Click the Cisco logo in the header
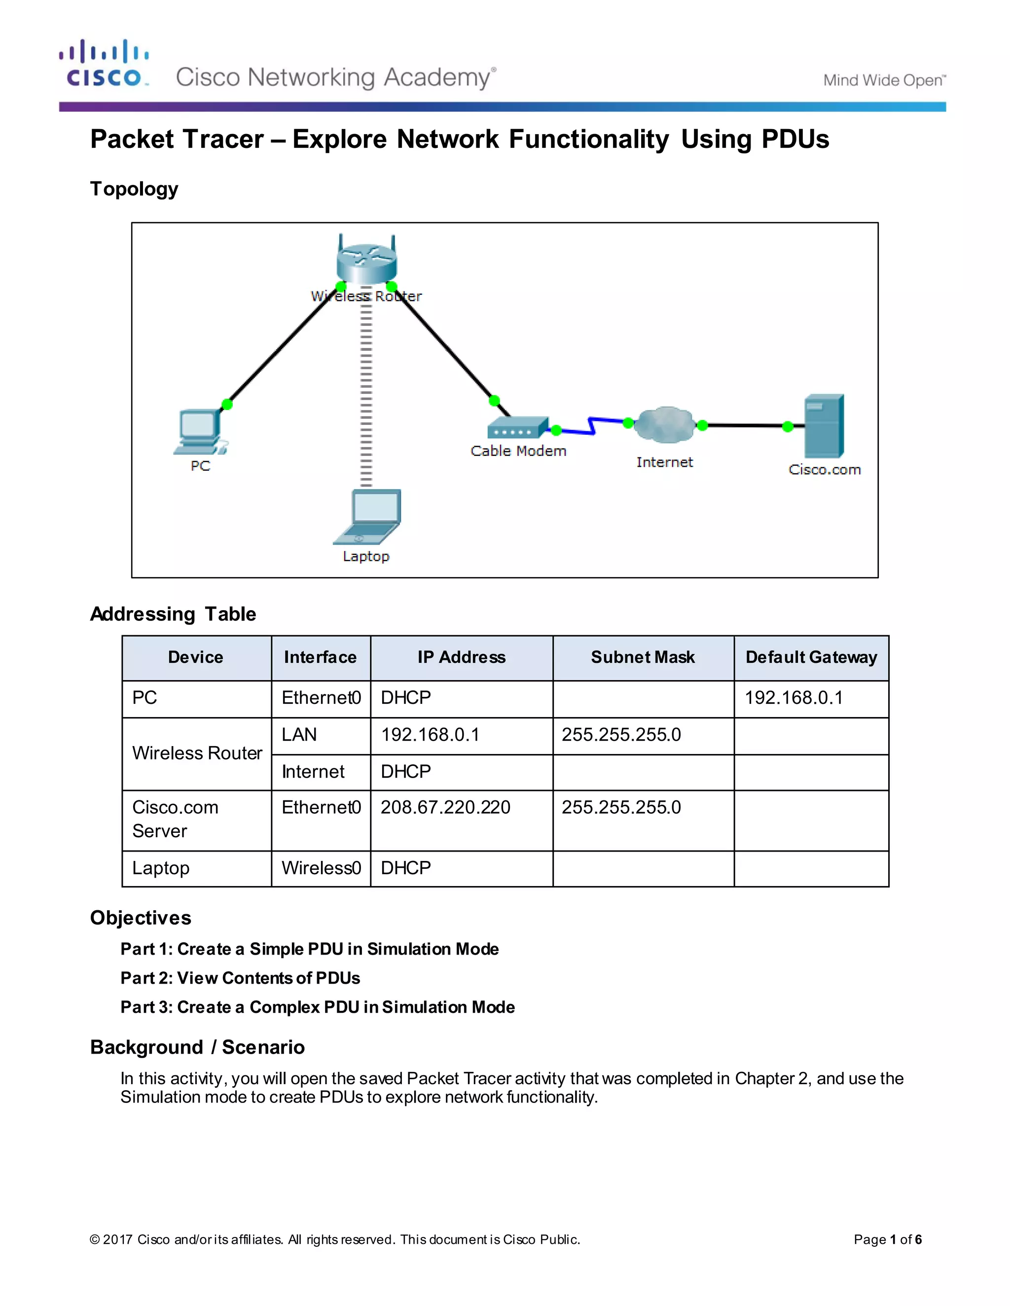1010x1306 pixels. click(x=104, y=64)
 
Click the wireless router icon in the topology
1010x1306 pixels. click(x=367, y=261)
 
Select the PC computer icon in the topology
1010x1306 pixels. click(x=200, y=432)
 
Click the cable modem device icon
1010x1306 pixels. click(x=517, y=428)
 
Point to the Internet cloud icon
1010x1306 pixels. click(x=664, y=425)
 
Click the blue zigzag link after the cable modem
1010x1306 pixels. click(x=592, y=426)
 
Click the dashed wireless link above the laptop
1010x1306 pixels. click(x=366, y=395)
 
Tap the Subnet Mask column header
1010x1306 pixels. click(x=643, y=657)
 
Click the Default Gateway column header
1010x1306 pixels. click(x=811, y=657)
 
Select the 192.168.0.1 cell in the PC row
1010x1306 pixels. click(x=794, y=698)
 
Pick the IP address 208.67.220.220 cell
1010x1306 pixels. click(x=446, y=807)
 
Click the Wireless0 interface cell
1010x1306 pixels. click(x=322, y=868)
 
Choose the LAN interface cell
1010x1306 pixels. click(x=299, y=734)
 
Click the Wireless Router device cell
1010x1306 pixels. click(x=197, y=753)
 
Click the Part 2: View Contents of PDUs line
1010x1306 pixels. click(x=240, y=978)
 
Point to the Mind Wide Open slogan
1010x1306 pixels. click(x=884, y=80)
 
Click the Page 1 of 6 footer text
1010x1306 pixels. click(x=887, y=1239)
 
